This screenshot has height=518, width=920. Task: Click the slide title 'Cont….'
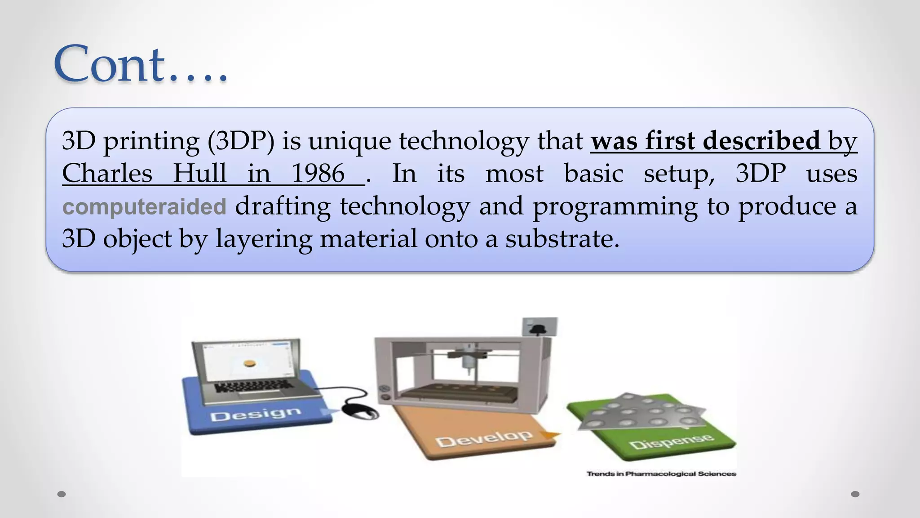pyautogui.click(x=140, y=64)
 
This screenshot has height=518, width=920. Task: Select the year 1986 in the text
pyautogui.click(x=318, y=174)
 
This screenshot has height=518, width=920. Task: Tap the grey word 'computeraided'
pyautogui.click(x=144, y=207)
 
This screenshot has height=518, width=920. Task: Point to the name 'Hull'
pyautogui.click(x=200, y=174)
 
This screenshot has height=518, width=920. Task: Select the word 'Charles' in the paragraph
pyautogui.click(x=107, y=174)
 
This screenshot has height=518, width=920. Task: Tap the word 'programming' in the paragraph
pyautogui.click(x=615, y=207)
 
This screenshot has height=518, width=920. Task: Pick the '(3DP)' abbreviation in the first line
pyautogui.click(x=241, y=141)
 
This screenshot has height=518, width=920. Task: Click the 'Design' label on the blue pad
pyautogui.click(x=255, y=414)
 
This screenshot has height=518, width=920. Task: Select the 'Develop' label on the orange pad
pyautogui.click(x=484, y=438)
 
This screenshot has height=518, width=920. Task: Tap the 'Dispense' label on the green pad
pyautogui.click(x=671, y=442)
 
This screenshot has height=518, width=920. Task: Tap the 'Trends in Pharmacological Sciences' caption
pyautogui.click(x=661, y=473)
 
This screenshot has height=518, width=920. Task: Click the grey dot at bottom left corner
pyautogui.click(x=62, y=494)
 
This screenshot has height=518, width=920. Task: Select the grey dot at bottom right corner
pyautogui.click(x=855, y=494)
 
